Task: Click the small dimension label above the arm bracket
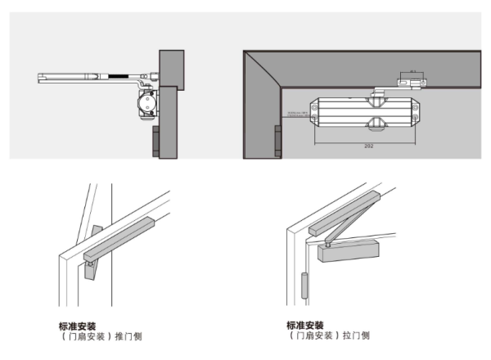pyautogui.click(x=412, y=70)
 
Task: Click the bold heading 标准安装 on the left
pyautogui.click(x=79, y=325)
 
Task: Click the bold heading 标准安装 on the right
pyautogui.click(x=305, y=325)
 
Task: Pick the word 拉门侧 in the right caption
pyautogui.click(x=356, y=335)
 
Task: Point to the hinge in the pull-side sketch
pyautogui.click(x=304, y=286)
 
